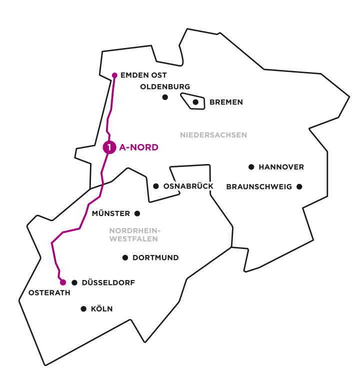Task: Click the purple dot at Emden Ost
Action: [x=114, y=75]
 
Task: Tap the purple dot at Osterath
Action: [x=63, y=282]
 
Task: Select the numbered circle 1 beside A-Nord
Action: [x=109, y=147]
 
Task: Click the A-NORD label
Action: [x=138, y=147]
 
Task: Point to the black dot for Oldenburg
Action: [x=165, y=97]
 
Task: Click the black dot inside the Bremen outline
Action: [x=195, y=102]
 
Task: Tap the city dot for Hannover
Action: [x=251, y=167]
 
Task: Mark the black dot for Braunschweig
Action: [x=299, y=186]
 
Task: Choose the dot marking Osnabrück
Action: [x=156, y=186]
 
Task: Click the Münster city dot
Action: [x=137, y=213]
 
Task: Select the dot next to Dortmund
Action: [x=125, y=258]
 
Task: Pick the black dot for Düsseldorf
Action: [x=74, y=282]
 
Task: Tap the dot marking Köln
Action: [x=83, y=309]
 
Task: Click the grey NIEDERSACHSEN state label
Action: [x=213, y=135]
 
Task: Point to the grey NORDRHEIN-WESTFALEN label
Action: [x=133, y=234]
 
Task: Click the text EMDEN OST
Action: [x=144, y=75]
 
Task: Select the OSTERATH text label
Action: [x=49, y=293]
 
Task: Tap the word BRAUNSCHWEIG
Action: [x=259, y=186]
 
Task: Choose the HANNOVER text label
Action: [x=281, y=167]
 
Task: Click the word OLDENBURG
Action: [x=165, y=86]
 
